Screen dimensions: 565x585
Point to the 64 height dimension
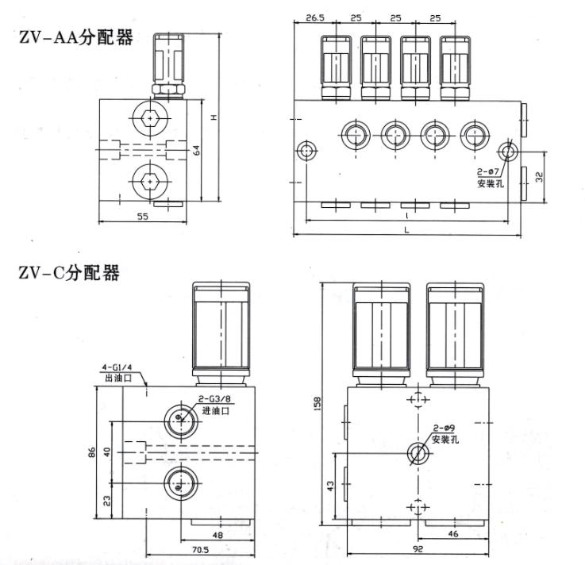(x=194, y=149)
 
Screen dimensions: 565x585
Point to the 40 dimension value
(x=107, y=452)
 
